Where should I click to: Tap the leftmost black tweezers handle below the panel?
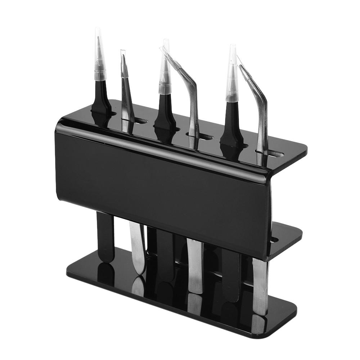pos(105,234)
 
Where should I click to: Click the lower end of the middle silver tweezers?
pos(195,284)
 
